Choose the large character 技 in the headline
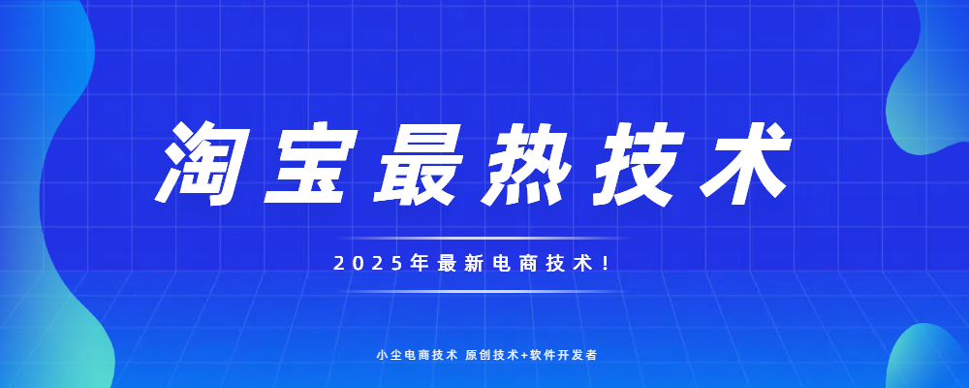tap(638, 163)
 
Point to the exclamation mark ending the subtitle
tap(605, 264)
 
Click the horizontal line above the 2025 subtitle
tap(483, 238)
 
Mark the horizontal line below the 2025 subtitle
tap(483, 291)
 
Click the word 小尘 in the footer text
tap(387, 355)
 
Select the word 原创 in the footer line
tap(476, 355)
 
